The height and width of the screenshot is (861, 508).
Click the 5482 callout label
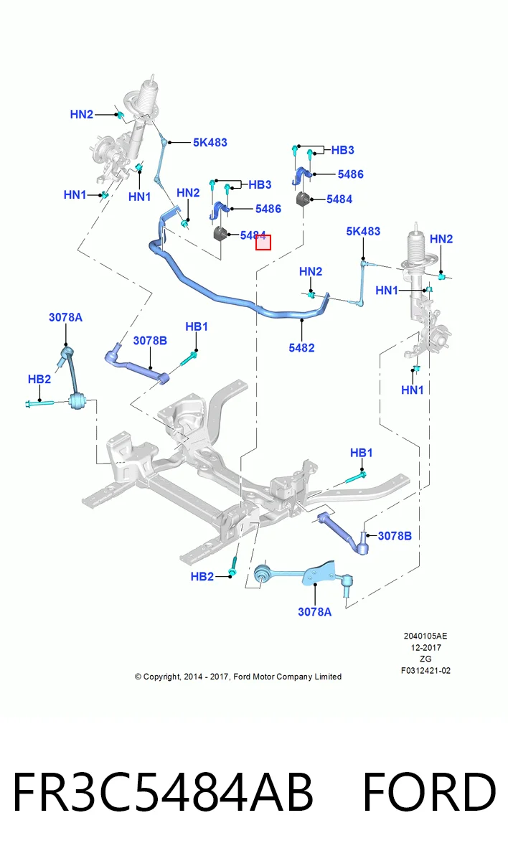pos(301,348)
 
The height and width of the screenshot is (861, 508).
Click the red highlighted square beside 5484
pos(263,243)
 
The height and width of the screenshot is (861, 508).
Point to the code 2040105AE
pos(425,636)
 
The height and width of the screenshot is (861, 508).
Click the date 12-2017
pos(425,647)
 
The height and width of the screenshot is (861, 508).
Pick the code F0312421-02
pos(425,670)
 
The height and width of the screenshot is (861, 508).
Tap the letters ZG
pos(425,659)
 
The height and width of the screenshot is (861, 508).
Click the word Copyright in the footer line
pos(161,677)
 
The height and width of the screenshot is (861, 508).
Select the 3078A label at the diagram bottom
pos(315,612)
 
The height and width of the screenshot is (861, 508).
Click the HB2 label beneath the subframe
pos(202,577)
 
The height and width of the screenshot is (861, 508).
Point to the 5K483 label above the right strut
pos(363,231)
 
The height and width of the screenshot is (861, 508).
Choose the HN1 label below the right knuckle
pos(413,390)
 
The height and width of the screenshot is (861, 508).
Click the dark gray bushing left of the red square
pos(220,233)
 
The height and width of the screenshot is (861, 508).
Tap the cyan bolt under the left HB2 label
pos(39,403)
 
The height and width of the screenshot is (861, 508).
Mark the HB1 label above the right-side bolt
pos(362,453)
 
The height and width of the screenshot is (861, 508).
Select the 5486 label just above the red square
pos(268,209)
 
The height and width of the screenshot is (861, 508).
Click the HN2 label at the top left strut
pos(82,114)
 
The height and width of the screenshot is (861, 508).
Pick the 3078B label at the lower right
pos(395,536)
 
